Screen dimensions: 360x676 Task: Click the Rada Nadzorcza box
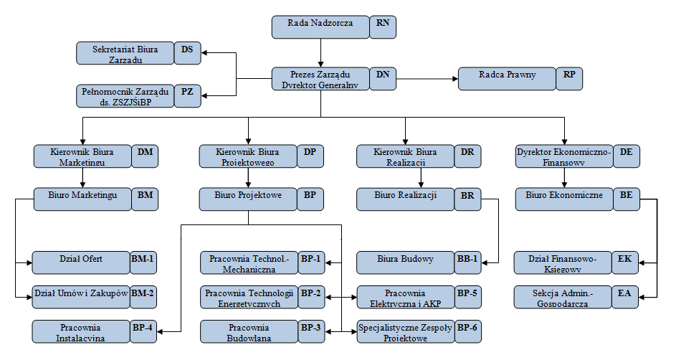pos(320,27)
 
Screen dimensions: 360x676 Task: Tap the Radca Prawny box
pos(507,78)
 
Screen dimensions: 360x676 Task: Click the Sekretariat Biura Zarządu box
pos(125,55)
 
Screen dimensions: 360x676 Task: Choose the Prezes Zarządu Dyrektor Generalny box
pos(320,78)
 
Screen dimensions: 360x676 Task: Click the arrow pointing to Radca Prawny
pos(452,78)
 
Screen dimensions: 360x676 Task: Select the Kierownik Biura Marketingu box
pos(82,156)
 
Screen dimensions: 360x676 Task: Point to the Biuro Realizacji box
pos(405,199)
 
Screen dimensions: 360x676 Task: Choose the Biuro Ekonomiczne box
pos(564,199)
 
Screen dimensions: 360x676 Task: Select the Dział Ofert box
pos(81,262)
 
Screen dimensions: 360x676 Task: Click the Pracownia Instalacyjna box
pos(81,331)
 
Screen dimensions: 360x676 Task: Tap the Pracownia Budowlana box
pos(249,331)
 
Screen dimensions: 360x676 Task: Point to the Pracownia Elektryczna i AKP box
pos(405,297)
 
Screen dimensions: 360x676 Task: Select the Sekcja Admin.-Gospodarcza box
pos(563,297)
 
